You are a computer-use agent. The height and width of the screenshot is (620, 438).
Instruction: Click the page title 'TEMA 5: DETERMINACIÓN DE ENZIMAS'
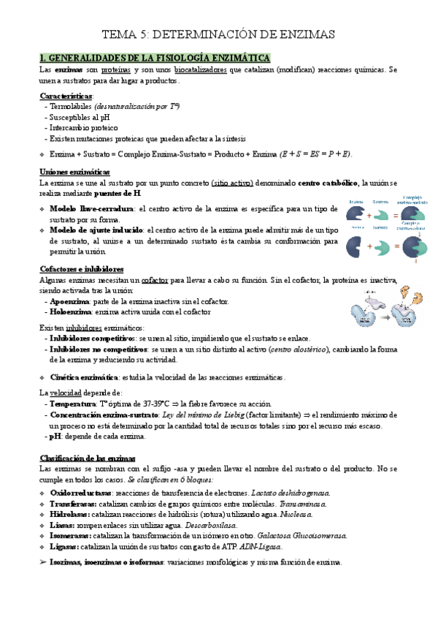[218, 34]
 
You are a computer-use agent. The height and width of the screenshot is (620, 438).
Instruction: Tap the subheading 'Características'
[66, 96]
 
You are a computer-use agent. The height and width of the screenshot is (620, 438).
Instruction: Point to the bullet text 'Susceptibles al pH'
[77, 116]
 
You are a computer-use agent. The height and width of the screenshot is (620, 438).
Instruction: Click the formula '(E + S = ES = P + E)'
[316, 154]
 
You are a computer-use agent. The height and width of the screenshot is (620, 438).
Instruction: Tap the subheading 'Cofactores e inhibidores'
[81, 269]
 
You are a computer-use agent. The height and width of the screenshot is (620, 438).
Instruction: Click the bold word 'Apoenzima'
[70, 301]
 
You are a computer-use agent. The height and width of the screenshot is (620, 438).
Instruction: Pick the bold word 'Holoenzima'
[72, 311]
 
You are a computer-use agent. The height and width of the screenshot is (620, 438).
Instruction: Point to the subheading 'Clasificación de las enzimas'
[87, 458]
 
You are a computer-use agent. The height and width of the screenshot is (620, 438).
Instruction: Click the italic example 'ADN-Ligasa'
[260, 546]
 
